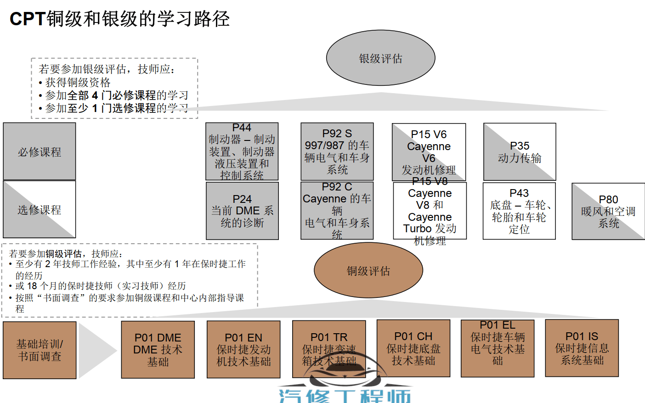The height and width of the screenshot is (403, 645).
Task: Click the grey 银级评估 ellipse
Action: [x=380, y=58]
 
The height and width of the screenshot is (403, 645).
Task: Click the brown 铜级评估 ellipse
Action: [x=368, y=271]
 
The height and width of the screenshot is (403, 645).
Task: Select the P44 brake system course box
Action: [x=242, y=151]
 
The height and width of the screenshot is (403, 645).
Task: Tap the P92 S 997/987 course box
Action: [x=337, y=151]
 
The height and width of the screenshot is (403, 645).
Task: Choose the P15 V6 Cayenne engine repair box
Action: [x=429, y=152]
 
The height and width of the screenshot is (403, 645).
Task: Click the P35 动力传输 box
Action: [x=520, y=152]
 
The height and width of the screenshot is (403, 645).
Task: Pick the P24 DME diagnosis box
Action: [x=242, y=211]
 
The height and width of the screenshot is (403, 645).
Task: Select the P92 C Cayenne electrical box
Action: [x=337, y=211]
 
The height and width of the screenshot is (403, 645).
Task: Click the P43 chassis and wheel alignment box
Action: [x=519, y=211]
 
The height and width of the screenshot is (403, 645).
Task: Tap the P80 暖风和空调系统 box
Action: [x=608, y=211]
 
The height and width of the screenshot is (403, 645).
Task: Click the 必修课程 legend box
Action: [x=40, y=151]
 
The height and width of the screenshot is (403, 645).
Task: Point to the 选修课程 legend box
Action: [x=40, y=209]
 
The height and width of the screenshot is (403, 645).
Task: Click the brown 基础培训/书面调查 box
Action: [x=40, y=350]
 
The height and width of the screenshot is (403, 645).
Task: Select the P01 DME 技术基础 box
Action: [x=158, y=349]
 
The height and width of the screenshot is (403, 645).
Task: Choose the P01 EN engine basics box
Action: [x=243, y=349]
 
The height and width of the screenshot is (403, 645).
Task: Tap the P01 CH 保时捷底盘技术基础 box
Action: [x=413, y=348]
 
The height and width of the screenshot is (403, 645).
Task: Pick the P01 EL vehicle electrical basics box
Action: [x=498, y=348]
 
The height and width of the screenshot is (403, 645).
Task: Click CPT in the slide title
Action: [x=27, y=19]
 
